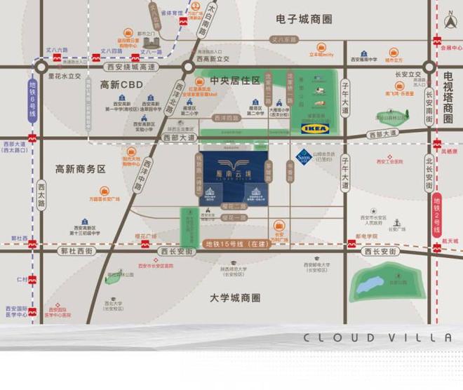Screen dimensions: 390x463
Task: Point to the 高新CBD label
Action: coord(121,85)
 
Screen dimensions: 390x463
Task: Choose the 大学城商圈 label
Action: coord(235,297)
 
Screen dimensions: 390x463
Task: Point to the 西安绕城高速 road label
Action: coord(130,67)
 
